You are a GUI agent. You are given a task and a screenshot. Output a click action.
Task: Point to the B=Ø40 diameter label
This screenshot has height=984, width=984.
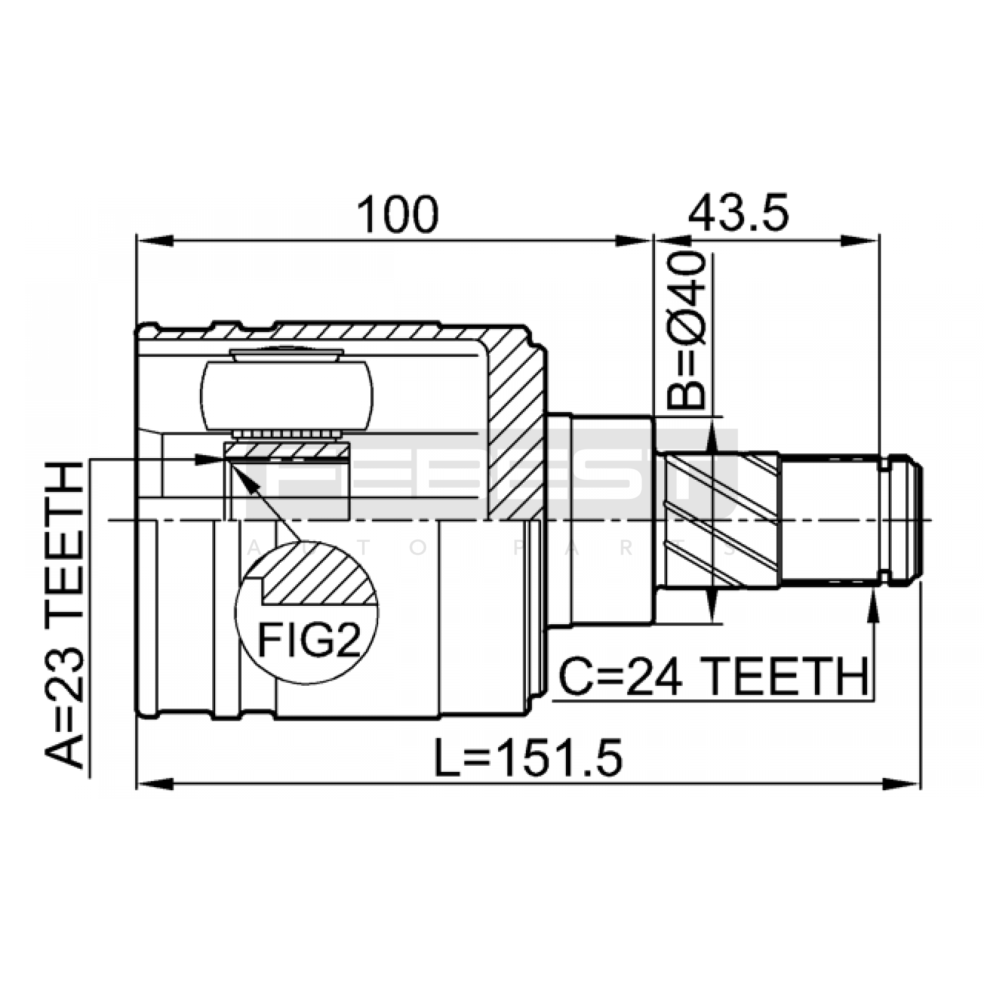coord(686,331)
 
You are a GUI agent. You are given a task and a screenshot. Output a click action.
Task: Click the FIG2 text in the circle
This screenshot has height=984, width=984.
coord(308,640)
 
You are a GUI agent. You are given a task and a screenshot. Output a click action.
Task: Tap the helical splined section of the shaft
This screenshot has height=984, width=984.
coord(718,520)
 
